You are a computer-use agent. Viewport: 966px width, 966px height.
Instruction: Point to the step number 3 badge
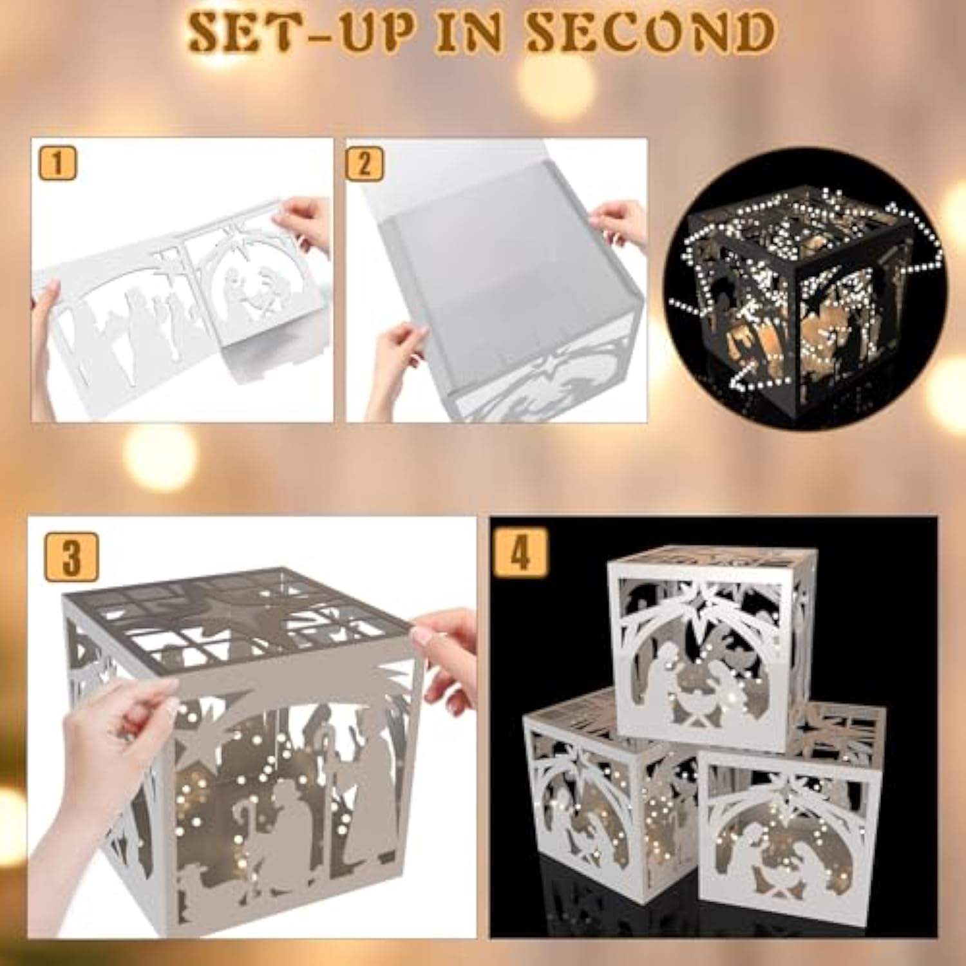pyautogui.click(x=71, y=557)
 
